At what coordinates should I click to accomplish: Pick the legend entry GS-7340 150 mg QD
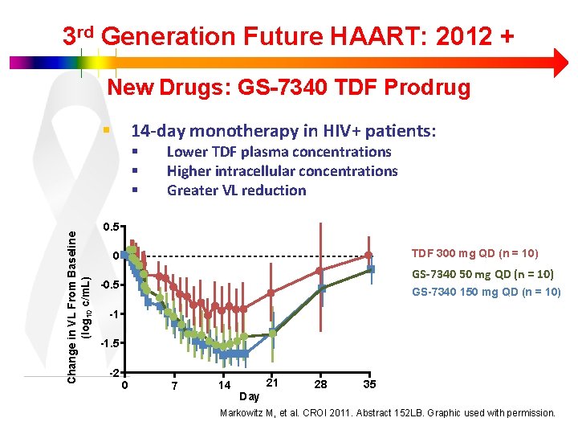coord(486,292)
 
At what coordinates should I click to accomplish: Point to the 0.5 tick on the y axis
coord(110,227)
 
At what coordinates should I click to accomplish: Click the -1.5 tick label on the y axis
coord(108,344)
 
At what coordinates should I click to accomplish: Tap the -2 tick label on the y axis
coord(113,374)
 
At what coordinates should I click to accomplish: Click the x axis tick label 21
coord(272,382)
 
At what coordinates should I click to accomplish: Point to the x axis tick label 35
coord(369,385)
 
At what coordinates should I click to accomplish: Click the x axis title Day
coord(250,397)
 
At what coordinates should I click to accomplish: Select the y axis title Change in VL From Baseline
coord(72,306)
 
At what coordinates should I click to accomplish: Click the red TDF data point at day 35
coord(368,255)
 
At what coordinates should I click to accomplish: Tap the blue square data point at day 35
coord(370,270)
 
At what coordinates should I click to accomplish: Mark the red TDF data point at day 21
coord(272,293)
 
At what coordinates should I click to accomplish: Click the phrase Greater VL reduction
coord(236,190)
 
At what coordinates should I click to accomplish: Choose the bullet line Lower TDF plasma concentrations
coord(279,152)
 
